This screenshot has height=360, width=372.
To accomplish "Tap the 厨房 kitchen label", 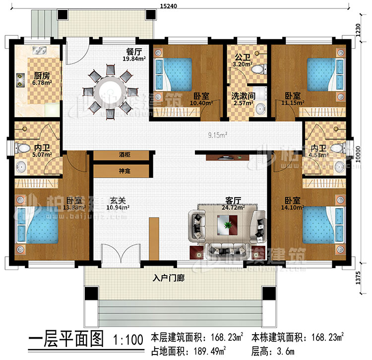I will pyautogui.click(x=27, y=76).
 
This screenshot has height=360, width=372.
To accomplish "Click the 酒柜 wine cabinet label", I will pyautogui.click(x=121, y=155).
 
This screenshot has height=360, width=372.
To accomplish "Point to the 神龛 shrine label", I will pyautogui.click(x=121, y=170).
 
